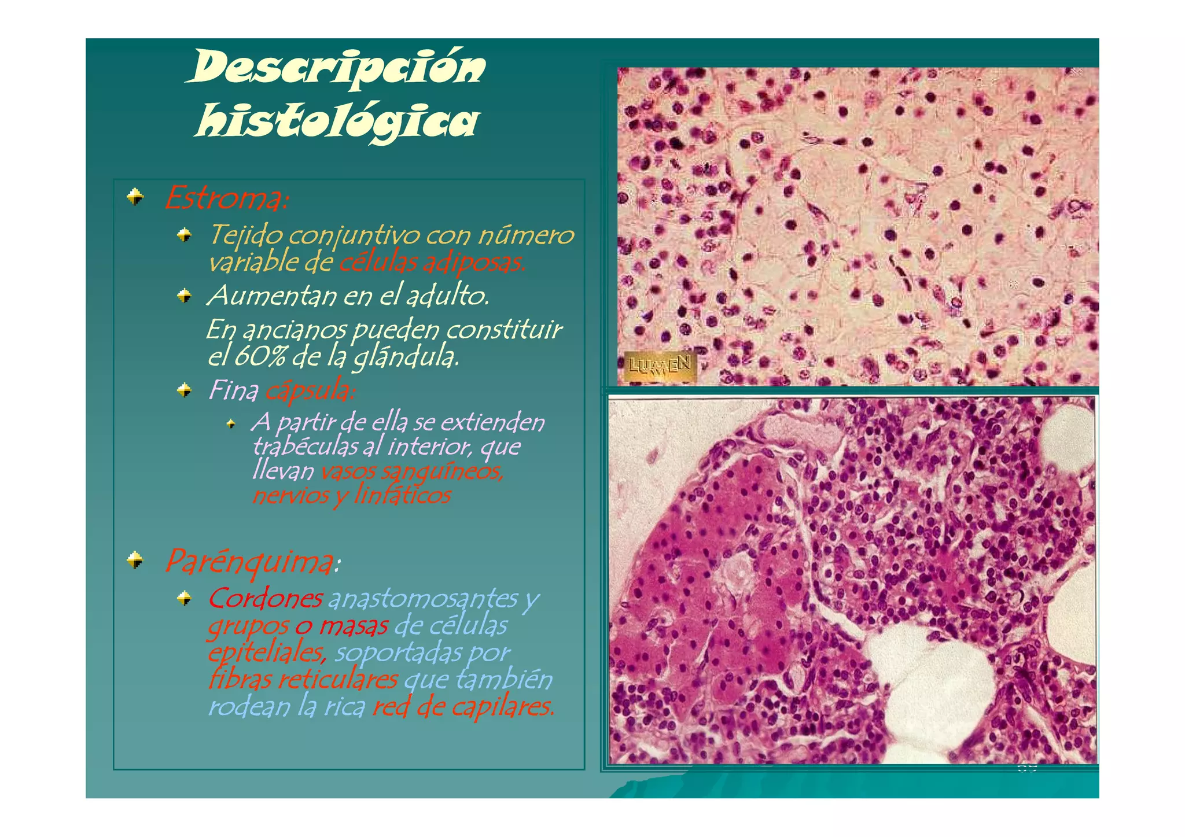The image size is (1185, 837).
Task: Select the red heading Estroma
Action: [x=226, y=199]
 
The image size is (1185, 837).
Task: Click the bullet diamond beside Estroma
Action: [x=135, y=197]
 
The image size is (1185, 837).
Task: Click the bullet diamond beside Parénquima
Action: [x=135, y=560]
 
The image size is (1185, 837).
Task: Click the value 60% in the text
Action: [x=260, y=356]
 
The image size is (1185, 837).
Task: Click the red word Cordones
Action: [x=265, y=599]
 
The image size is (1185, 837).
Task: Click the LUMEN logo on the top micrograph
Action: [x=660, y=366]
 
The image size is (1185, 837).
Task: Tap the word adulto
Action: [x=447, y=296]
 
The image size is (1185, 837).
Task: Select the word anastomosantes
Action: [x=423, y=599]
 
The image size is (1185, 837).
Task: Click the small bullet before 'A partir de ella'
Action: [x=231, y=424]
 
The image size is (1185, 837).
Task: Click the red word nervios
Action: [x=289, y=496]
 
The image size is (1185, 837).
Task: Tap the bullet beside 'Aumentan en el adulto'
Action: [x=185, y=296]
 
